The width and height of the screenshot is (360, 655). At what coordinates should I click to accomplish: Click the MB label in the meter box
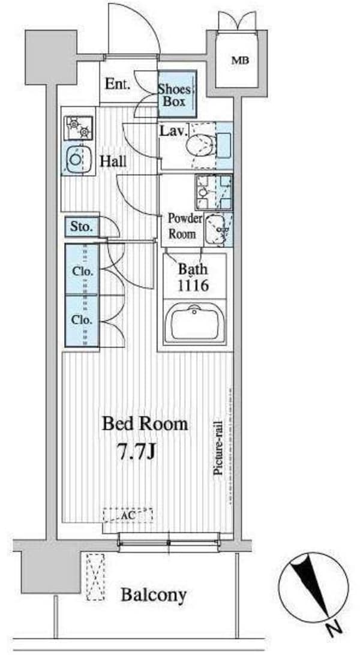pos(240,61)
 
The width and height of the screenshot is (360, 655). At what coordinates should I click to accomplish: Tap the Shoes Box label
pos(174,95)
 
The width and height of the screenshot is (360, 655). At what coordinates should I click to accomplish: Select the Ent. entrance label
pos(118,84)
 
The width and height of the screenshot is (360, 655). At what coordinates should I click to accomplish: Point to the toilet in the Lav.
pos(197,146)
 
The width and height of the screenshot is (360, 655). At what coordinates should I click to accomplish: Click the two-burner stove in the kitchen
pos(79,127)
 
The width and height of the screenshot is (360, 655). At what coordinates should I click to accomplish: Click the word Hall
pos(113,162)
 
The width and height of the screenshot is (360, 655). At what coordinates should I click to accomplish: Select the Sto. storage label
pos(80,227)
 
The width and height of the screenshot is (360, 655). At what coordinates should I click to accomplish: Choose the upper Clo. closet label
pos(82,272)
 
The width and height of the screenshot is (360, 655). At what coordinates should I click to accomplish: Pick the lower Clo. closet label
pos(82,320)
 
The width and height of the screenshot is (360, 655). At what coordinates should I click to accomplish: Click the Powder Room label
pos(182,226)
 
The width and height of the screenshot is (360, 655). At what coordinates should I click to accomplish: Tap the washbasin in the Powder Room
pos(218,229)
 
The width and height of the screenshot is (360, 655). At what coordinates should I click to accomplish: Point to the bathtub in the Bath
pos(194,324)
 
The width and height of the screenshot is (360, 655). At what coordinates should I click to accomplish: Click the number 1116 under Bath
pos(193,287)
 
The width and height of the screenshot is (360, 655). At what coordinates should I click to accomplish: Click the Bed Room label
pos(145,424)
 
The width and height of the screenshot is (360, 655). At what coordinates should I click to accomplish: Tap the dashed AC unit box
pos(128,515)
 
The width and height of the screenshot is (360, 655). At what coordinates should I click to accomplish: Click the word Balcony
pos(154,595)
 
